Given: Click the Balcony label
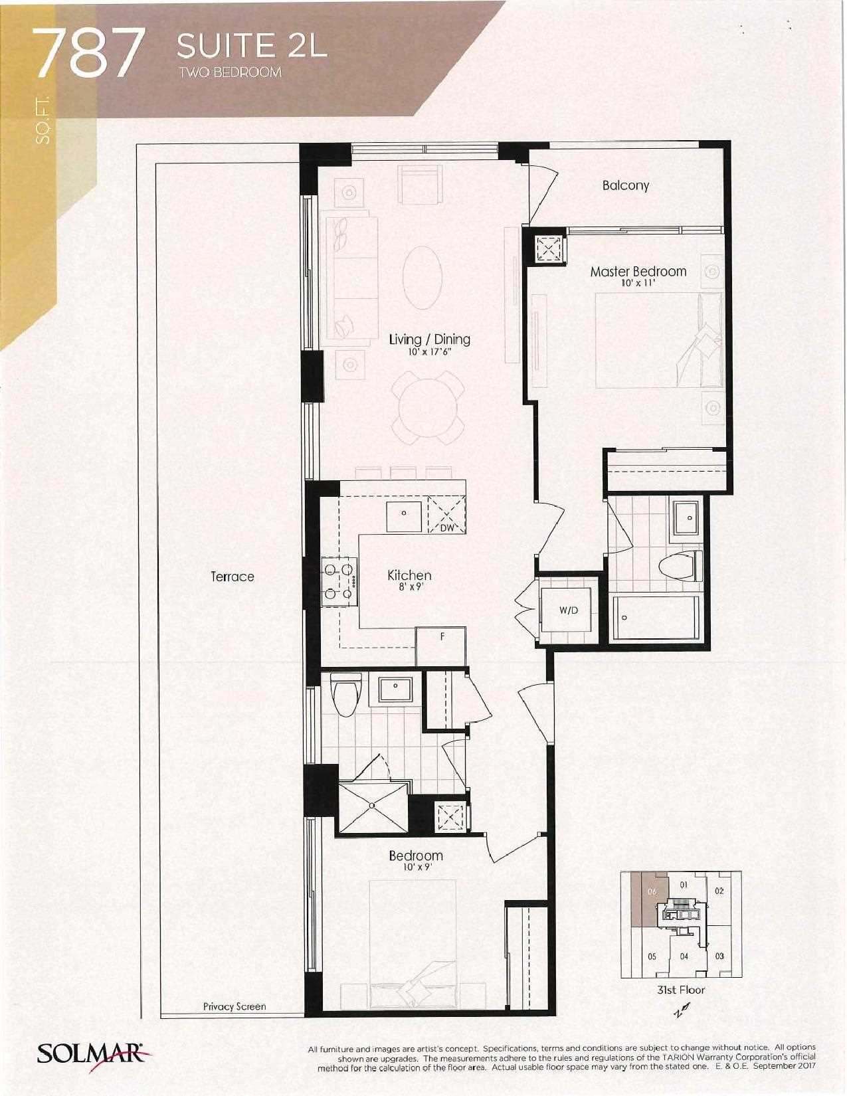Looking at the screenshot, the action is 626,185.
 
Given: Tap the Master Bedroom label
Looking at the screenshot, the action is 638,272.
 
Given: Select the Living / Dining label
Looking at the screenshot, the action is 429,339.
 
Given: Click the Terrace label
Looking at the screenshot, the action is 232,576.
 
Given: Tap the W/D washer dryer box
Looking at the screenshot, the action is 568,610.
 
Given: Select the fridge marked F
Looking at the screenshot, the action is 440,646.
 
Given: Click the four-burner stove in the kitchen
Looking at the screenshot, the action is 339,581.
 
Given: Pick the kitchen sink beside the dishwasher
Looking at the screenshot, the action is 404,517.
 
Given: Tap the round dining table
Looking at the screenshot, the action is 428,409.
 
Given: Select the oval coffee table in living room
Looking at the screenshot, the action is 423,277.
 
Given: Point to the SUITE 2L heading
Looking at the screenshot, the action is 252,46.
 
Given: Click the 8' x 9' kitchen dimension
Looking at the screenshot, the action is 409,587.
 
